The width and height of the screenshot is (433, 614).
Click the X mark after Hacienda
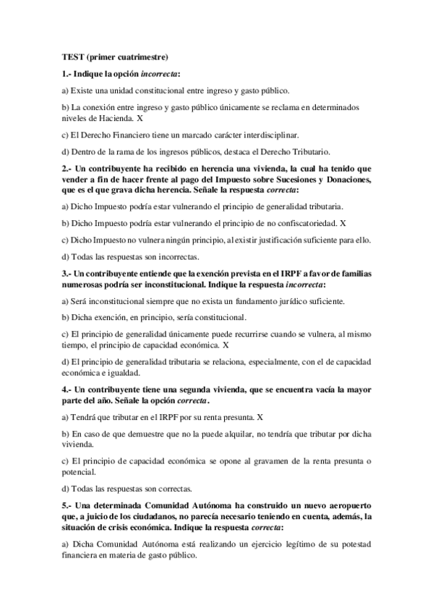(x=140, y=117)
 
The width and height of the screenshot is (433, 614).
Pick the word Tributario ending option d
(x=309, y=152)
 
